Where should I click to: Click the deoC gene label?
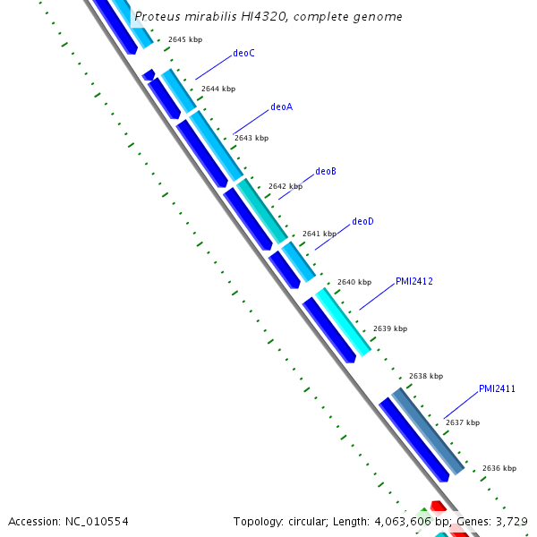(243, 54)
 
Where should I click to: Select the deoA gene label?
(281, 107)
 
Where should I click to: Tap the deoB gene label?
(326, 171)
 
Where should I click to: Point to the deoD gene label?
(362, 221)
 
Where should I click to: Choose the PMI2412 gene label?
(414, 281)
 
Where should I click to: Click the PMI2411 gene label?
(497, 388)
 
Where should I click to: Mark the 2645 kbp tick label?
(185, 39)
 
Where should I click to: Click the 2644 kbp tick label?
(218, 89)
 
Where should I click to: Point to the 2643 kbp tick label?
(251, 138)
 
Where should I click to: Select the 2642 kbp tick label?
(286, 186)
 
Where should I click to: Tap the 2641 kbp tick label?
(320, 234)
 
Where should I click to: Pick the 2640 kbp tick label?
(354, 282)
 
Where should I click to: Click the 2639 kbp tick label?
(390, 328)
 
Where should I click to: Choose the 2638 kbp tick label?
(426, 376)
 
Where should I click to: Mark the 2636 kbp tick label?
(499, 468)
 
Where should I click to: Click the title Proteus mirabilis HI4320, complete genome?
(268, 17)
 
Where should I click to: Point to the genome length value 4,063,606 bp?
(403, 521)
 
